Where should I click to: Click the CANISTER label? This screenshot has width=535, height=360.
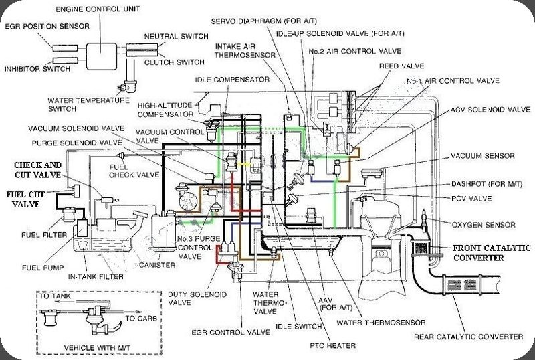click(x=158, y=266)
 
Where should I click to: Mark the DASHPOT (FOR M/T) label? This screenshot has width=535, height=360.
click(x=477, y=183)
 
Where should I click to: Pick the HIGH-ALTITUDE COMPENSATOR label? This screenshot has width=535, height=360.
click(x=166, y=109)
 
